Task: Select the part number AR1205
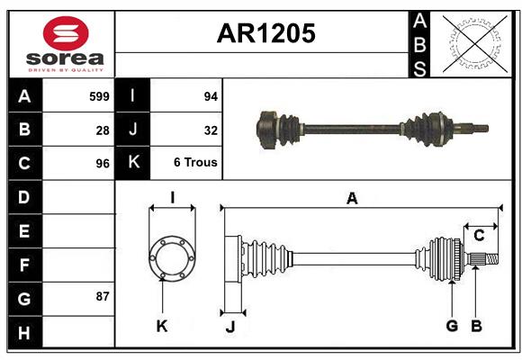click(265, 33)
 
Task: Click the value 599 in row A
click(99, 95)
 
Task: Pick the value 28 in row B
click(103, 130)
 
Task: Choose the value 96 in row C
click(103, 164)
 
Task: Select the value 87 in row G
click(103, 296)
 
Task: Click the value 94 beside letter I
click(211, 95)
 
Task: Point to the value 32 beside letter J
click(211, 130)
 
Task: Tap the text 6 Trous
click(195, 163)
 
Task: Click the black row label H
click(24, 332)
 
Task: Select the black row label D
click(24, 197)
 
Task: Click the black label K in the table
click(133, 163)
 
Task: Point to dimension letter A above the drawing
click(352, 198)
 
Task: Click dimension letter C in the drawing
click(479, 236)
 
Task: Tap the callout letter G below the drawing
click(452, 326)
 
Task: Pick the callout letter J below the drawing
click(229, 327)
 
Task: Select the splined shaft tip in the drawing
click(483, 261)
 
